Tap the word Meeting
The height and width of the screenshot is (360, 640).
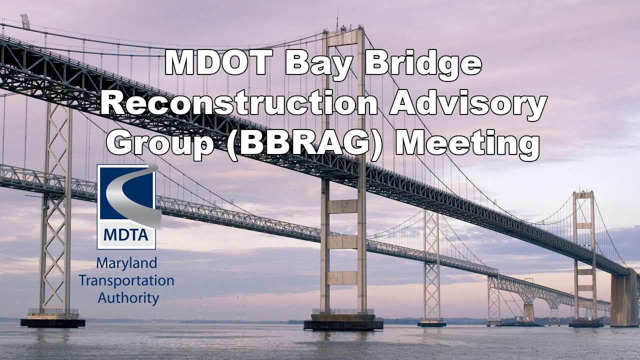(467, 143)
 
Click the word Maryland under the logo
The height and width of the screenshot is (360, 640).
(119, 262)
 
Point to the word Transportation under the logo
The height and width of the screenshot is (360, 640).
(126, 280)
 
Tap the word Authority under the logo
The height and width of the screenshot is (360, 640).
(128, 298)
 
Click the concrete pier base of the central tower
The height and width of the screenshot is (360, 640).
(343, 324)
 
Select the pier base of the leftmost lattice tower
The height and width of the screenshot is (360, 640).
(52, 321)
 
